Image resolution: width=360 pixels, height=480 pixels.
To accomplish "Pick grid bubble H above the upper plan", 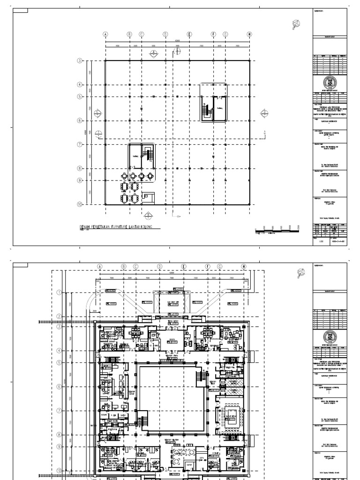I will coord(249,34).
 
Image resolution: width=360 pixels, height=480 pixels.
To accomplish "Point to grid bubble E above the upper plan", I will coord(189,34).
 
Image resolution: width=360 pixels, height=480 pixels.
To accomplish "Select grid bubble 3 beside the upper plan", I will coord(80,61).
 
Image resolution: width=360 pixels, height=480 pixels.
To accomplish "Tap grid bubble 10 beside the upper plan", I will coord(80,204).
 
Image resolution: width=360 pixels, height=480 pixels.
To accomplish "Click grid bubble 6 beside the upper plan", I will coord(80,120).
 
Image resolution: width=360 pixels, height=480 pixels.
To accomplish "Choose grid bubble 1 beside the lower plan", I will coord(59,292).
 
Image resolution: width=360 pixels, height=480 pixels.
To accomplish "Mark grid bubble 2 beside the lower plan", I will coord(59,316).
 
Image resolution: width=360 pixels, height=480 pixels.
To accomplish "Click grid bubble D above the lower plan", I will coord(159,266).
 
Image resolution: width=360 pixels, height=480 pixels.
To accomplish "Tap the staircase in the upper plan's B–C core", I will coord(149,155).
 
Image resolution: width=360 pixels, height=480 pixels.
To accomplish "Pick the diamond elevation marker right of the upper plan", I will coord(264,112).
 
